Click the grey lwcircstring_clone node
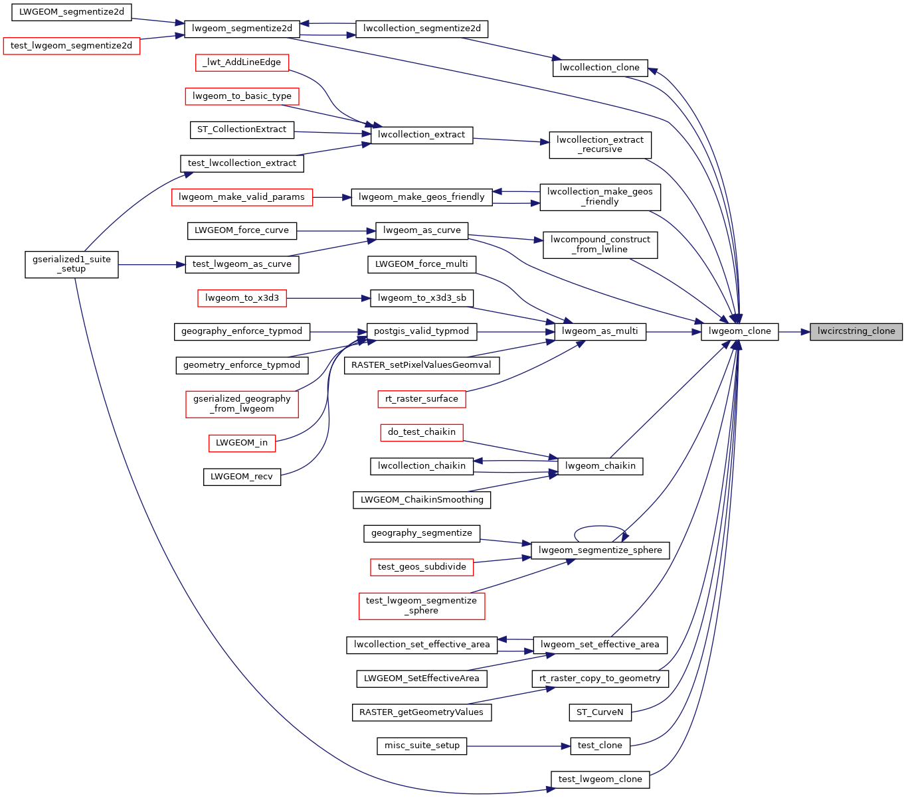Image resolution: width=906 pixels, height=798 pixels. point(856,331)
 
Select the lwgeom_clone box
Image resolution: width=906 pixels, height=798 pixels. point(739,331)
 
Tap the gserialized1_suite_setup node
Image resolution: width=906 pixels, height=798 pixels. point(72,264)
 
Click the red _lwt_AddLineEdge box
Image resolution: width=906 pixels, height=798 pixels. point(242,62)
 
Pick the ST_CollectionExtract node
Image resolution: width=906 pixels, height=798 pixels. point(242,129)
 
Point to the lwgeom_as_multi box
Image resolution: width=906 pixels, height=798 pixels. point(600,331)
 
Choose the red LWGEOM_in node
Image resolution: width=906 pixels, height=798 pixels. point(242,443)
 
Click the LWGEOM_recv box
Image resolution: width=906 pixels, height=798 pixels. point(242,477)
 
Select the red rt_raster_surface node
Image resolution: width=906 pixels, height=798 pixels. point(422,399)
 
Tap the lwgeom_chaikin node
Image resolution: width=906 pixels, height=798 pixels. point(600,466)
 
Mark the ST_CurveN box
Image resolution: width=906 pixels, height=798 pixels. point(600,712)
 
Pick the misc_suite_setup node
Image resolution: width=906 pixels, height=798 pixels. point(422,746)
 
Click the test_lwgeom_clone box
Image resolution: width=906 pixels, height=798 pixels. point(600,779)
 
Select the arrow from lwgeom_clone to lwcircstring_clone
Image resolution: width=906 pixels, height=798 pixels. point(794,331)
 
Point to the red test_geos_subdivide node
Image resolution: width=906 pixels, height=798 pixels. point(422,567)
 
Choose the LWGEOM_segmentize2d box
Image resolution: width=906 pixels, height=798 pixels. point(72,13)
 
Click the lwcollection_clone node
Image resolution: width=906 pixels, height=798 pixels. point(600,68)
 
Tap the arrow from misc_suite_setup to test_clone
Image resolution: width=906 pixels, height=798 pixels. point(518,746)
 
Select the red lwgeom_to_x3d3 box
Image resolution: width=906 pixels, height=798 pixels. point(242,298)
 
